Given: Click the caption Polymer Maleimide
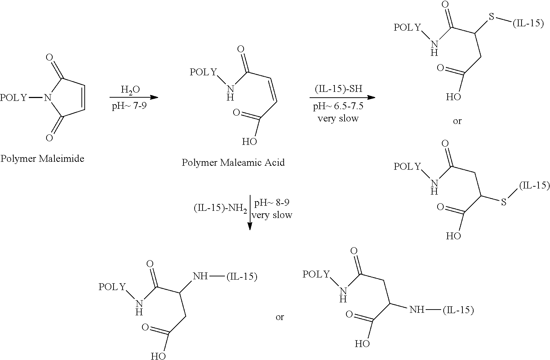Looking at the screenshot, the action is click(42, 159).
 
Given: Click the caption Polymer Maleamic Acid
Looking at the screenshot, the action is click(233, 163).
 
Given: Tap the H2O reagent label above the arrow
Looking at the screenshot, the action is click(130, 90).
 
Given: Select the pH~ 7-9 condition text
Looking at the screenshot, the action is click(129, 106).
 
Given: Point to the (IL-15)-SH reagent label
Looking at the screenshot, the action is click(338, 88).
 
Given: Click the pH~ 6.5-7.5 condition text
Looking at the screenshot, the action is click(338, 106).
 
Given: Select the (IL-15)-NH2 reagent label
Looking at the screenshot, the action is click(220, 208).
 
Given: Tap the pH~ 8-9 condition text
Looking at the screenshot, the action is click(272, 203).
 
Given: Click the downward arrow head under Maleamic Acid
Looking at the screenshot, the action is click(250, 226).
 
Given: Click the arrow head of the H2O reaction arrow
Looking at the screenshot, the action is click(154, 98).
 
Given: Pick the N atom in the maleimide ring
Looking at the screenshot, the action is click(48, 98).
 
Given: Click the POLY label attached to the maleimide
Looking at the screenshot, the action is click(13, 98).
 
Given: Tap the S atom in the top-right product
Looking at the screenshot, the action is click(491, 17).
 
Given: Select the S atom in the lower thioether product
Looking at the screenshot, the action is click(504, 202).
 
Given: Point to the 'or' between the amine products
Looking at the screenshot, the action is click(280, 317).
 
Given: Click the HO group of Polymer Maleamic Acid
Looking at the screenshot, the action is click(249, 142).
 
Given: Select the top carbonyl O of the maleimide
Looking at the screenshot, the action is click(49, 57).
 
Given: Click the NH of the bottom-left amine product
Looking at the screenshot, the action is click(200, 276).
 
